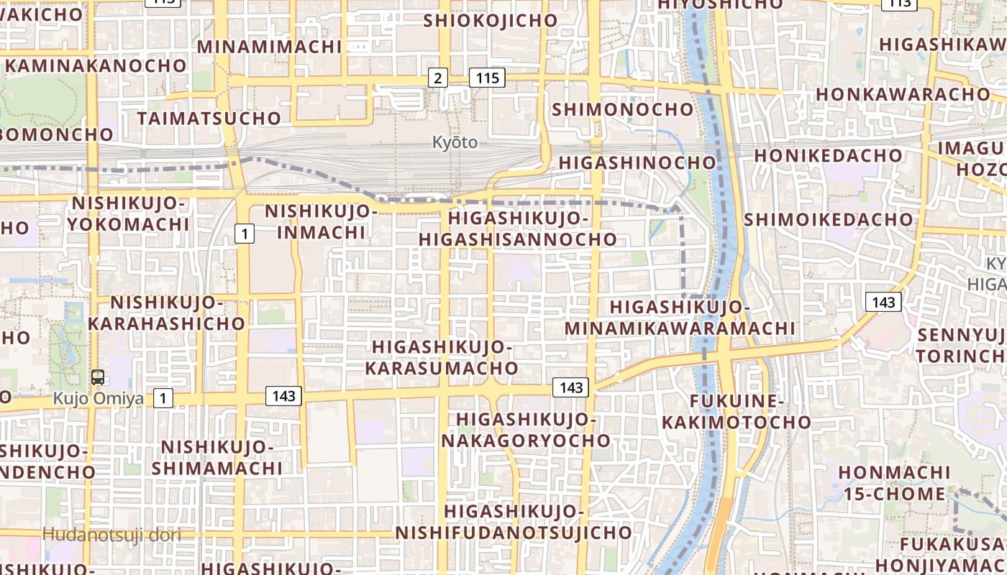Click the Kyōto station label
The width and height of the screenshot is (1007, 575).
click(x=455, y=142)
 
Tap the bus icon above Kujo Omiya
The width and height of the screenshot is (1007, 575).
click(x=98, y=377)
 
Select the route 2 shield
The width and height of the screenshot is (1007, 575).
click(x=437, y=78)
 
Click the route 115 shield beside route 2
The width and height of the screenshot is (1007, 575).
click(x=487, y=78)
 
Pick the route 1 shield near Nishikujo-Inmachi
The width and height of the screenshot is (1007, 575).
click(x=245, y=233)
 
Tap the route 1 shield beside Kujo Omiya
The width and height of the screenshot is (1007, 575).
click(x=164, y=398)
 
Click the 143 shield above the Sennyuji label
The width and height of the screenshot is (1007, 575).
click(x=883, y=302)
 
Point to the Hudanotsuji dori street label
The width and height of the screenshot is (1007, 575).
click(x=111, y=534)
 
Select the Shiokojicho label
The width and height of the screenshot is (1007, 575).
click(x=491, y=20)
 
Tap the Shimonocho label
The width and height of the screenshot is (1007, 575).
click(x=623, y=109)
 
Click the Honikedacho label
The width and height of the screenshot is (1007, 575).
click(x=828, y=155)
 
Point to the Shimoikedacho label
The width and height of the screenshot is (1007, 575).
click(x=829, y=219)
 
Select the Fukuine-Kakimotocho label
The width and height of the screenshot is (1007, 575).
click(x=737, y=411)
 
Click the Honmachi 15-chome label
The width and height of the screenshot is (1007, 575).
click(x=894, y=483)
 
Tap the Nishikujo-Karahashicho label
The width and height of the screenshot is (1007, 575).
click(x=166, y=313)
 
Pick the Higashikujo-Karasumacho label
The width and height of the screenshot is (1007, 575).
click(x=442, y=358)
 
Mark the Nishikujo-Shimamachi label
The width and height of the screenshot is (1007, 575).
click(x=217, y=458)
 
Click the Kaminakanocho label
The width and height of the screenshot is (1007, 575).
click(x=96, y=65)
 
